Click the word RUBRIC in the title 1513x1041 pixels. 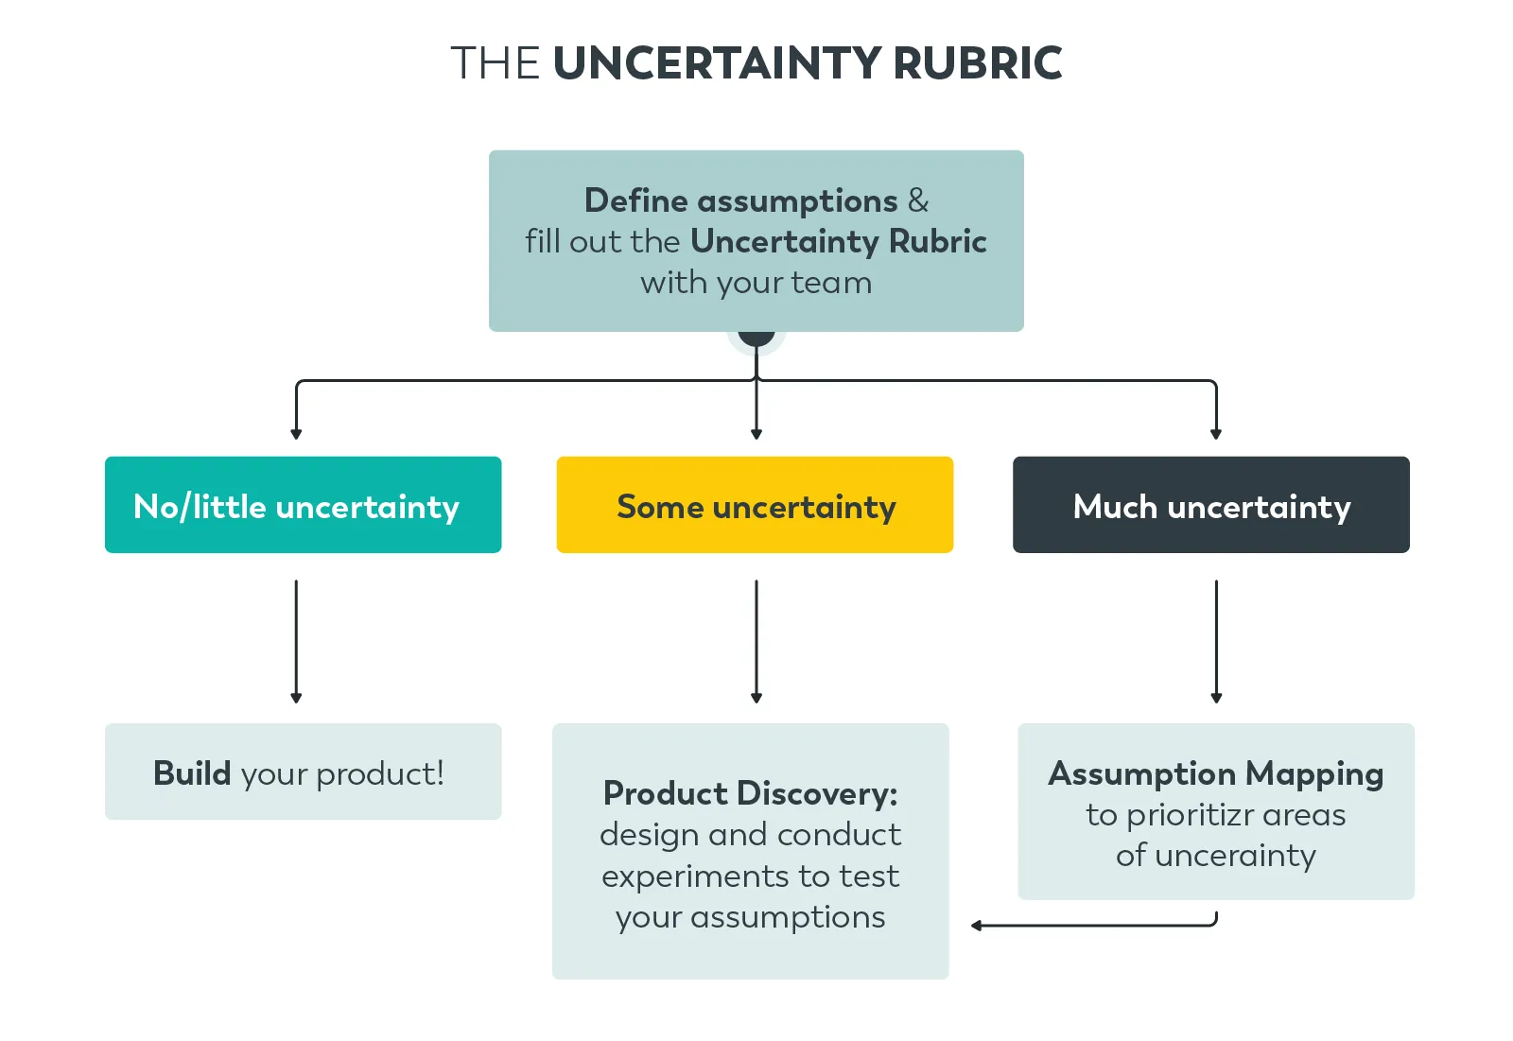pyautogui.click(x=978, y=63)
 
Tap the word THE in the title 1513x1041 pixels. pyautogui.click(x=495, y=63)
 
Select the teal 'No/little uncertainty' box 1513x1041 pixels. pyautogui.click(x=303, y=505)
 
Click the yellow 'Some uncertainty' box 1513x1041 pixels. pyautogui.click(x=755, y=505)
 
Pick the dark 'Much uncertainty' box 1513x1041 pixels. pyautogui.click(x=1210, y=505)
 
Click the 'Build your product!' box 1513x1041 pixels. pyautogui.click(x=303, y=772)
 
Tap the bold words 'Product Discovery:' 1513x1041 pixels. pyautogui.click(x=750, y=793)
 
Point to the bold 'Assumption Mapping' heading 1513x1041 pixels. pyautogui.click(x=1215, y=773)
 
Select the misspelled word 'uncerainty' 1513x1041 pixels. pyautogui.click(x=1235, y=856)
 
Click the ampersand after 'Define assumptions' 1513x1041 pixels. pyautogui.click(x=917, y=200)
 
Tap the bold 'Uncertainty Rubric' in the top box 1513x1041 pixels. pyautogui.click(x=838, y=241)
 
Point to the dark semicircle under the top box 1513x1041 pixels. pyautogui.click(x=756, y=337)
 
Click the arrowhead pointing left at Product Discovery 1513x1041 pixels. pyautogui.click(x=977, y=926)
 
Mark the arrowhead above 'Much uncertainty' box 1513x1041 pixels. pyautogui.click(x=1216, y=434)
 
